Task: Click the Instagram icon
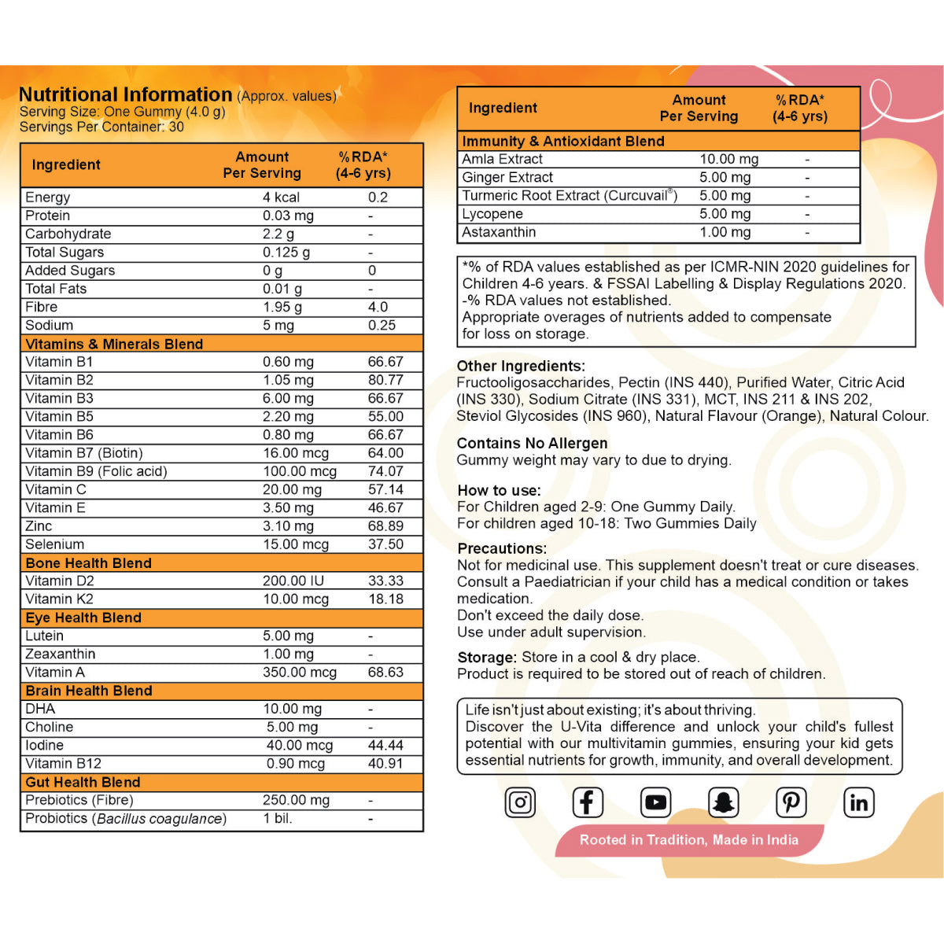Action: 520,802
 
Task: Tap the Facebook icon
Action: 587,802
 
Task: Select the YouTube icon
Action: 655,802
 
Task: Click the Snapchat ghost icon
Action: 723,802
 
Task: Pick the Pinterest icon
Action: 791,802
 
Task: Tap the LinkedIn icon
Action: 858,802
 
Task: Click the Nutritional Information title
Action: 125,94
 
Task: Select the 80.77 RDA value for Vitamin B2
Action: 385,380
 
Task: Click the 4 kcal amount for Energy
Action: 281,197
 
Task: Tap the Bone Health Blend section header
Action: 88,563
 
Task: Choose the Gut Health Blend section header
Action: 83,782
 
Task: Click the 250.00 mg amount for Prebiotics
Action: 296,800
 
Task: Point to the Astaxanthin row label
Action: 499,232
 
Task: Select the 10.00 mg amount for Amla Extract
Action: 728,159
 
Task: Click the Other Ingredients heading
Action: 521,366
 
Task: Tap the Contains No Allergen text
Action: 532,443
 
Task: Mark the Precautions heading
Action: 502,548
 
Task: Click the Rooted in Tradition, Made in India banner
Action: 688,840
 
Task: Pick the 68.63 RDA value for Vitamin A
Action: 385,673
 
